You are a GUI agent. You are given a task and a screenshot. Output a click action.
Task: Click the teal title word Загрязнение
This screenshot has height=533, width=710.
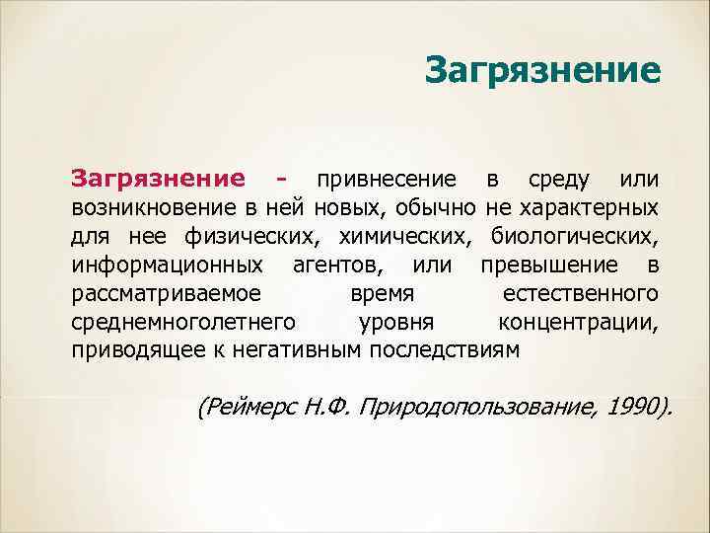pos(542,71)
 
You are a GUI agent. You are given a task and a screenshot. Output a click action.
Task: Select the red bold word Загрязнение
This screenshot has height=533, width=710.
pos(157,179)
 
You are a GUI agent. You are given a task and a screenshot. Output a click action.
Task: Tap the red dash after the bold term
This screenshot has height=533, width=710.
pos(283,180)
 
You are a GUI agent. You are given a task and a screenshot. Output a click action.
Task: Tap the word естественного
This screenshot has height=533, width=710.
pos(580,293)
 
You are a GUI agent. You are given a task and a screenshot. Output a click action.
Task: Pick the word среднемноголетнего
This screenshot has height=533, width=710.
pos(182,322)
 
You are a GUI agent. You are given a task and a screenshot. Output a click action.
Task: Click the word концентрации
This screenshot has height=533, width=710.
pos(579,322)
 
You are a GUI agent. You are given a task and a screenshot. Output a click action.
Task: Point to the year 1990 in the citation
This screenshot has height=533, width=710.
pos(630,408)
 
